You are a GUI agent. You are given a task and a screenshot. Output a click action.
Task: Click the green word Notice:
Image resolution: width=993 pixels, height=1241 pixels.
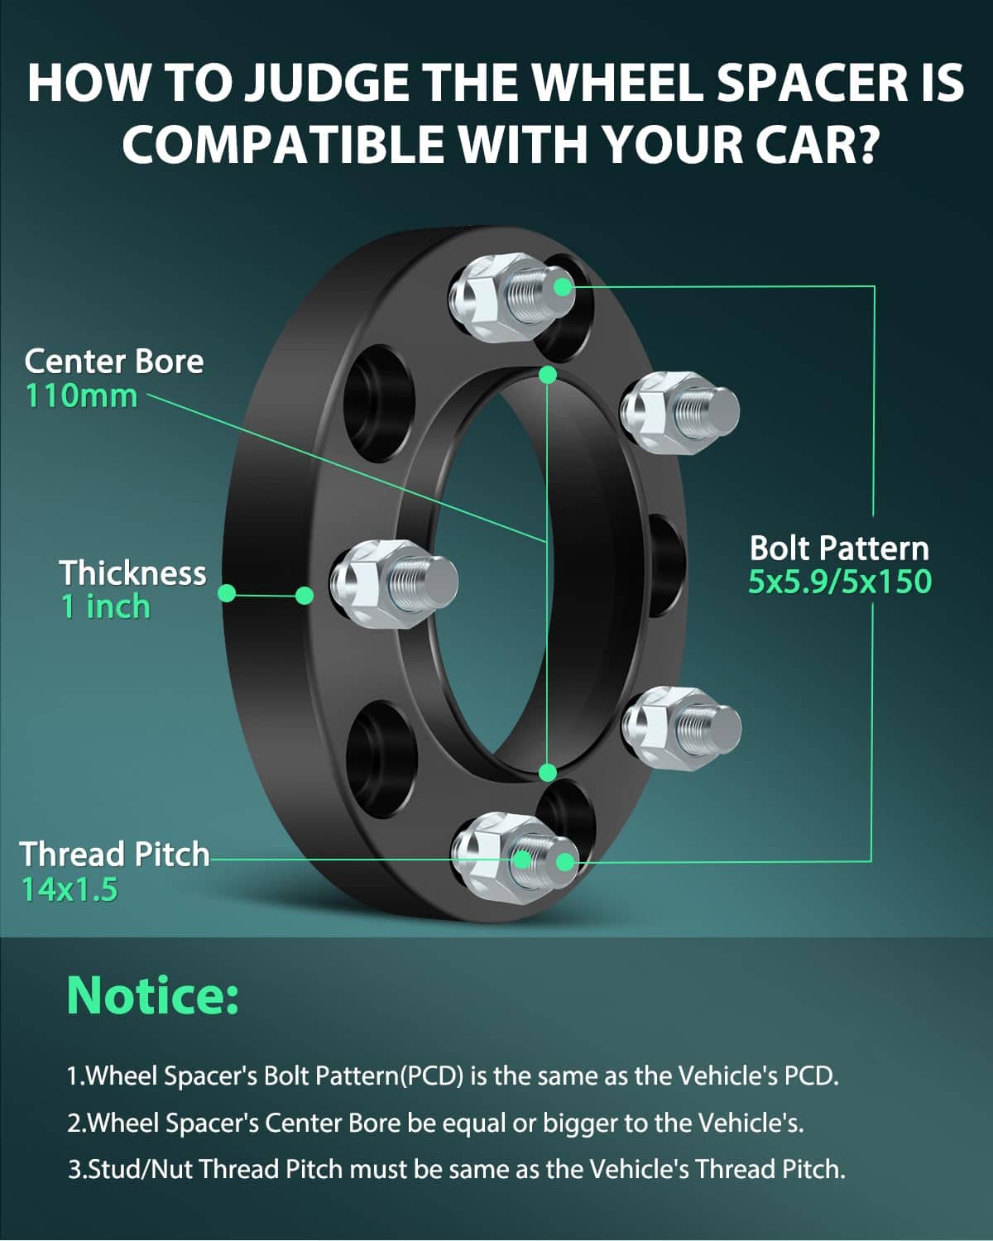[152, 995]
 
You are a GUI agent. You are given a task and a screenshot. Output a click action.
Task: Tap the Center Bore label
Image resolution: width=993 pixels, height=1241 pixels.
[113, 362]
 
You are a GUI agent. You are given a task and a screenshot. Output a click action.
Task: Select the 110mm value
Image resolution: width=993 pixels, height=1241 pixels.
[81, 395]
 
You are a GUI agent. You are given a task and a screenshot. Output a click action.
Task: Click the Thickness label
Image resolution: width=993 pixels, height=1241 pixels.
[132, 573]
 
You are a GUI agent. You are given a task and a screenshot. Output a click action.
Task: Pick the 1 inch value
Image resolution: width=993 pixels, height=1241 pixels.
[105, 606]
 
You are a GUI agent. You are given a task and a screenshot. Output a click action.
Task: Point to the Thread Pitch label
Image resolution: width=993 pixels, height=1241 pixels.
[114, 854]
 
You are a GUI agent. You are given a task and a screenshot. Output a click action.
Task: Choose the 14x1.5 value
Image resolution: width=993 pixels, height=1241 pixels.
[70, 889]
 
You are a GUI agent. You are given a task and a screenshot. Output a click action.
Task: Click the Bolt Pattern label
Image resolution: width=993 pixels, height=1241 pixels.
[838, 548]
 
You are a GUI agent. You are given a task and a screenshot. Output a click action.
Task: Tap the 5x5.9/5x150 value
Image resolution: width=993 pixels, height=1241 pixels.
[839, 582]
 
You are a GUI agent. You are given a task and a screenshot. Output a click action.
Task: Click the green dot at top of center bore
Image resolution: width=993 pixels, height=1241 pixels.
[547, 375]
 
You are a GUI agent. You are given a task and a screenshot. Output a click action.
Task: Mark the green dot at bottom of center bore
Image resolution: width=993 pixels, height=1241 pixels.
[547, 773]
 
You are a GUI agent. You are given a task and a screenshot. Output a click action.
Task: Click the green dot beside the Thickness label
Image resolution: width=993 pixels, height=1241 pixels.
[227, 593]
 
